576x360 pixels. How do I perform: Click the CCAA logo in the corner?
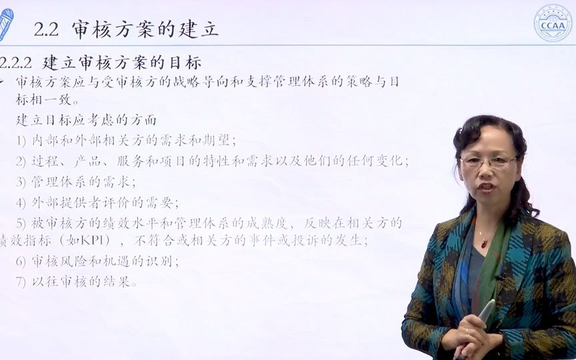553,23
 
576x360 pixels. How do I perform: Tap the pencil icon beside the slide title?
6,24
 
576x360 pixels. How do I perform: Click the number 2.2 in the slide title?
46,29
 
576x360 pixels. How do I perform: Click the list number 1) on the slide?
21,141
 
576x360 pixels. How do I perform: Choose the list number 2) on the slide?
21,161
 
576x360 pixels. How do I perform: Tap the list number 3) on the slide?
21,181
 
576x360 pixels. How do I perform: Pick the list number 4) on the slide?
21,202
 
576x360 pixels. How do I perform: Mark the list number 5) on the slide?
21,223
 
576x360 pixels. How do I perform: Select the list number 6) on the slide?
21,261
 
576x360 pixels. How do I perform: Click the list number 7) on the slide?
21,281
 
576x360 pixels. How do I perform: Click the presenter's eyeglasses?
489,162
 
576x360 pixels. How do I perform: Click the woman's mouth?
486,189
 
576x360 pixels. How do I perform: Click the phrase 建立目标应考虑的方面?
86,120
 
